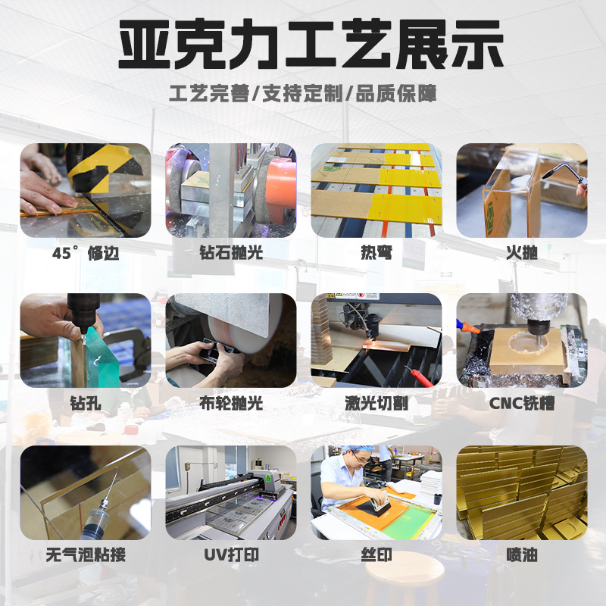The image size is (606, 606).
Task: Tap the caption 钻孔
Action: pyautogui.click(x=86, y=404)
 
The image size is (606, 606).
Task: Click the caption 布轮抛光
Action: pyautogui.click(x=230, y=404)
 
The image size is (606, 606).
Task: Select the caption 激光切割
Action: pyautogui.click(x=376, y=404)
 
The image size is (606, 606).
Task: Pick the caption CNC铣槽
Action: pyautogui.click(x=521, y=404)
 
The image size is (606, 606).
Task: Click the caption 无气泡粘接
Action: pyautogui.click(x=86, y=555)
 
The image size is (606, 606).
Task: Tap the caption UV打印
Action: pyautogui.click(x=230, y=555)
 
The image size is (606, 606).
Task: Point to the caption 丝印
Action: pyautogui.click(x=376, y=555)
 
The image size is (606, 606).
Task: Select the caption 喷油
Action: pyautogui.click(x=521, y=555)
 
